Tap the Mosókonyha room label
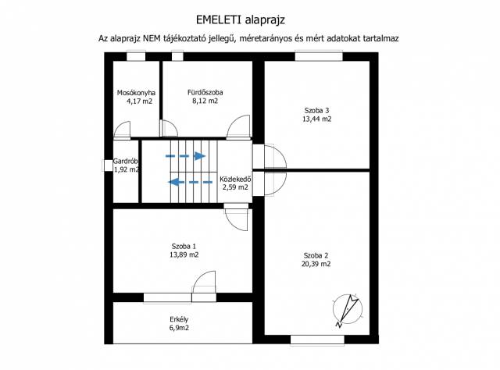tap(136, 93)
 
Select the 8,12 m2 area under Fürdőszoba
tap(205, 101)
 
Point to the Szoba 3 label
tap(316, 111)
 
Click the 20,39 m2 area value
tap(316, 264)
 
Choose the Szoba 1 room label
tap(184, 246)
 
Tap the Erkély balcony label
tap(179, 319)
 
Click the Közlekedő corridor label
tap(235, 179)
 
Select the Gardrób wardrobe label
tap(126, 162)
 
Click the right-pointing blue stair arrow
tap(186, 156)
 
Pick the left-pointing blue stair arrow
tap(191, 183)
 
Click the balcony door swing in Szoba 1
tap(205, 282)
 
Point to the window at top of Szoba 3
tap(319, 56)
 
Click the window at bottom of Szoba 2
tap(318, 340)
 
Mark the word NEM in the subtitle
tap(152, 38)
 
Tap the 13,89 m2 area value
tap(184, 254)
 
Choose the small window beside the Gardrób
tap(108, 165)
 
